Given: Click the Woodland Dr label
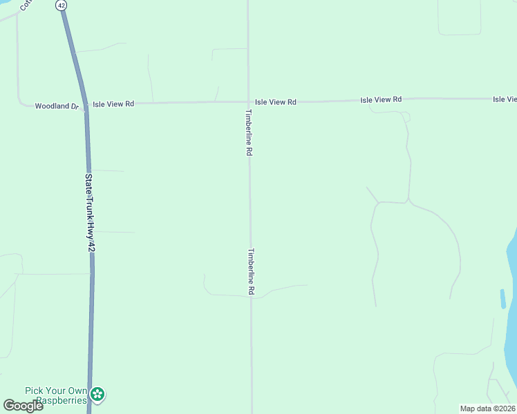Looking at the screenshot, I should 58,106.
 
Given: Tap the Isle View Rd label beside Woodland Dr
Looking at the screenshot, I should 113,103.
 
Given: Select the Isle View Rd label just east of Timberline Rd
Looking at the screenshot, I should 275,102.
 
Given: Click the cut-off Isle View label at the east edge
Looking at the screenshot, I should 505,99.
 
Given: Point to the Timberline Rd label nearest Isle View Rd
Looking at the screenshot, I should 247,132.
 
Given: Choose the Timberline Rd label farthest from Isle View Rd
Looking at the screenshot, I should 252,273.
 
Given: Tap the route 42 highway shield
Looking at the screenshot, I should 62,5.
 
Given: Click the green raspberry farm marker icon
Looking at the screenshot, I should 98,395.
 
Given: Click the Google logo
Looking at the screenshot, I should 23,406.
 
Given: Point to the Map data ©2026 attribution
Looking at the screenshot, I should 488,408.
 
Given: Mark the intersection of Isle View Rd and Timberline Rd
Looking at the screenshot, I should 248,102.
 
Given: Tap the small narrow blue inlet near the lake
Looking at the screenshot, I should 503,298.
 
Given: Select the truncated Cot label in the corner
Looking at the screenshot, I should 26,5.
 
